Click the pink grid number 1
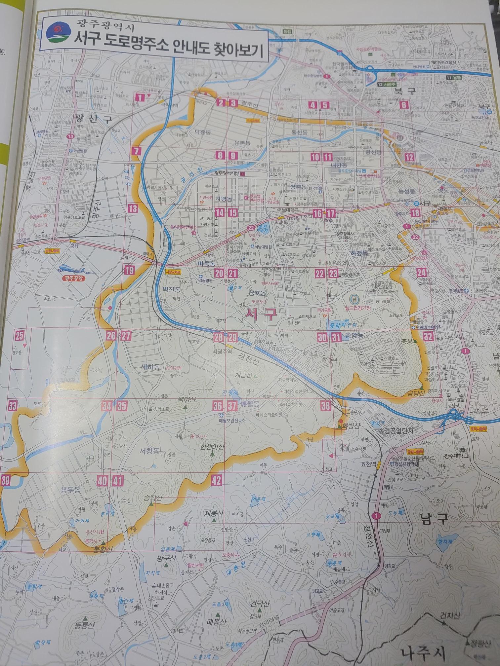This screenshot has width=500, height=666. pyautogui.click(x=140, y=97)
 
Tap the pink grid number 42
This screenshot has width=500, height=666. pyautogui.click(x=216, y=480)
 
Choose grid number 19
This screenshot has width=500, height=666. pyautogui.click(x=130, y=271)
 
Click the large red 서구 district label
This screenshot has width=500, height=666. pyautogui.click(x=261, y=314)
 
